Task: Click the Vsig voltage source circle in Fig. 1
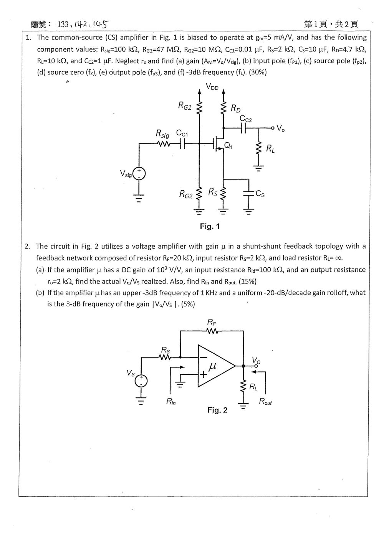coord(139,174)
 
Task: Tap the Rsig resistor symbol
coord(164,144)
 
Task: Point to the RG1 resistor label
coord(185,106)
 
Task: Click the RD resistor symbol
coord(223,107)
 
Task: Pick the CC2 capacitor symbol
coord(243,128)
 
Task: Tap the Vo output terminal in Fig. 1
coord(273,128)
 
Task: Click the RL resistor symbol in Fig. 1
coord(259,148)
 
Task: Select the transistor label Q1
coord(228,145)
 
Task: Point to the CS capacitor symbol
coord(249,193)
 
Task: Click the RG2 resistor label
coord(186,194)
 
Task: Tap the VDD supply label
coord(212,86)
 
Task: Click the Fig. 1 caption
coord(210,226)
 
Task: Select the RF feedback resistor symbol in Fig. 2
coord(212,331)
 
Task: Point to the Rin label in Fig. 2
coord(171,402)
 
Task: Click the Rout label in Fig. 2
coord(265,401)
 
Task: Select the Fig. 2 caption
coord(218,410)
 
